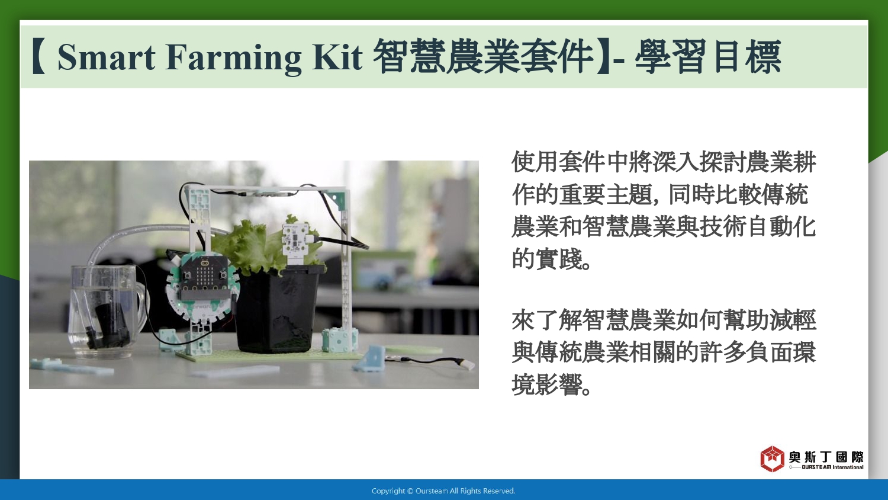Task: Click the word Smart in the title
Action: coord(107,57)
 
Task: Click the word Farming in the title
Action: coord(234,58)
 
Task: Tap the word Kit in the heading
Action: coord(337,57)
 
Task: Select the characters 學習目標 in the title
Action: coord(708,57)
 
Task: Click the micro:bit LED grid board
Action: coord(205,275)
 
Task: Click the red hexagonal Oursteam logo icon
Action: coord(772,459)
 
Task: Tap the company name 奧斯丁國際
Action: coord(826,457)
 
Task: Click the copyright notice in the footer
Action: coord(443,491)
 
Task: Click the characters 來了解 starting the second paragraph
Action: coord(546,320)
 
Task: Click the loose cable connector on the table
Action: coord(468,364)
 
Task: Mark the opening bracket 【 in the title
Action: coord(39,57)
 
